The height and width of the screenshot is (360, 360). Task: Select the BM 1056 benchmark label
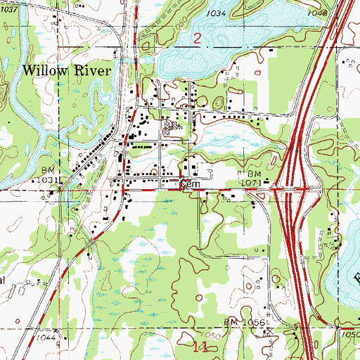coord(243,321)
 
